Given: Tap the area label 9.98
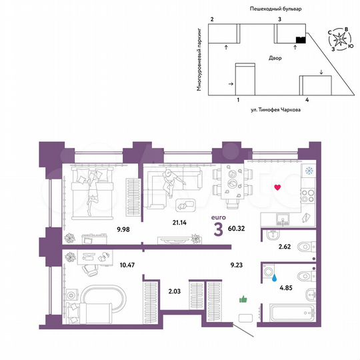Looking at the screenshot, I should tap(105, 230).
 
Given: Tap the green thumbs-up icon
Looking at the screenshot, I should tap(243, 301).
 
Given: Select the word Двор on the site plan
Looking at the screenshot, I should tap(275, 59).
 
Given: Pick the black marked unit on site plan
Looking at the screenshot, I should tap(300, 40).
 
